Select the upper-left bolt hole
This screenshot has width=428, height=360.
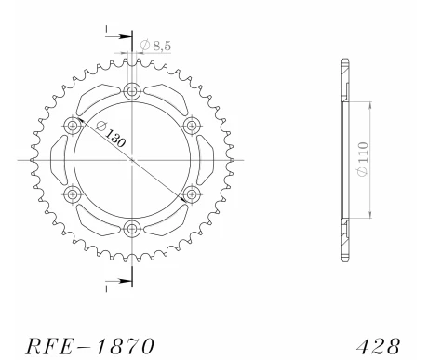pyautogui.click(x=72, y=125)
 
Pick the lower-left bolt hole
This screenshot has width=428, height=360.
pyautogui.click(x=72, y=193)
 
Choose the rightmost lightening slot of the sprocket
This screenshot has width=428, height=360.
pyautogui.click(x=205, y=159)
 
